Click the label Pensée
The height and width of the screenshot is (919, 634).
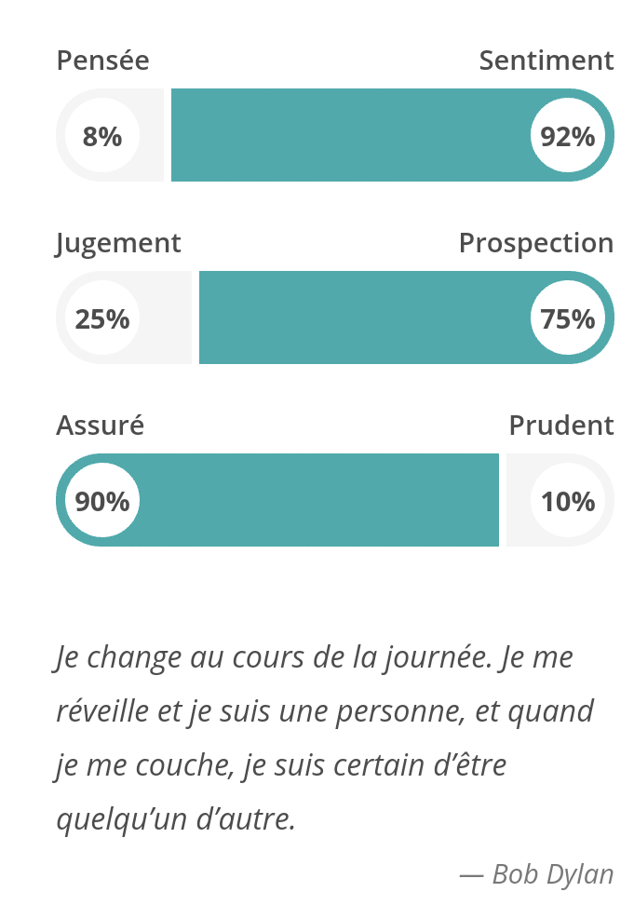click(x=102, y=61)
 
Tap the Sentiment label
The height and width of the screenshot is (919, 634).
click(x=546, y=61)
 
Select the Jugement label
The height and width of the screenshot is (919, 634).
click(x=118, y=243)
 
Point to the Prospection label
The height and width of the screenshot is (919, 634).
click(x=536, y=243)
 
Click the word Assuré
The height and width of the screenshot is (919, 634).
click(x=100, y=426)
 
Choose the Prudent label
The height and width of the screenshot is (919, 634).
click(x=561, y=426)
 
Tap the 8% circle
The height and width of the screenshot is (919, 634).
click(x=102, y=136)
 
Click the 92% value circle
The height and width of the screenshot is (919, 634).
click(x=568, y=136)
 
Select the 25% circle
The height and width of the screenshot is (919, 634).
click(x=102, y=318)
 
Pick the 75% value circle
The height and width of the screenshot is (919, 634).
click(x=568, y=318)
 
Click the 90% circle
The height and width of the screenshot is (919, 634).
click(x=102, y=501)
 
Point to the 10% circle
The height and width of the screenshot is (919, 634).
click(x=568, y=501)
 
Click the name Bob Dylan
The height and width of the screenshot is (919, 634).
click(x=553, y=874)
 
